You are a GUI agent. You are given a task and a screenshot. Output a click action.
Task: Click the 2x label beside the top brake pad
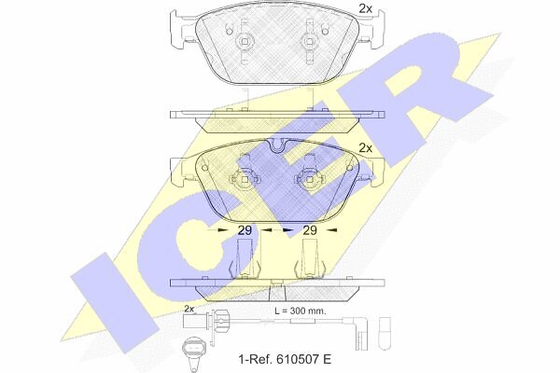click(x=365, y=8)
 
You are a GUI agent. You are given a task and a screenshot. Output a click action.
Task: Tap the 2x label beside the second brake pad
click(x=365, y=147)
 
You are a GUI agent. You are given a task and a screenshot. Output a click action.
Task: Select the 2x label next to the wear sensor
click(x=189, y=309)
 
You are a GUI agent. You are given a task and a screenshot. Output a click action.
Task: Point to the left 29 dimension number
click(x=245, y=230)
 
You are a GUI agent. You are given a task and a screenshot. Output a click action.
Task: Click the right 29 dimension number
click(x=310, y=230)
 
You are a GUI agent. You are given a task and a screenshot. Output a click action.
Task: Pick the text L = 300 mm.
click(x=300, y=311)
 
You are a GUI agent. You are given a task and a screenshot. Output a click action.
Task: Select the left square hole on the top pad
click(x=244, y=41)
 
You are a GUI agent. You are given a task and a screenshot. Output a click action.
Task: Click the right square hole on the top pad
click(x=308, y=41)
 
